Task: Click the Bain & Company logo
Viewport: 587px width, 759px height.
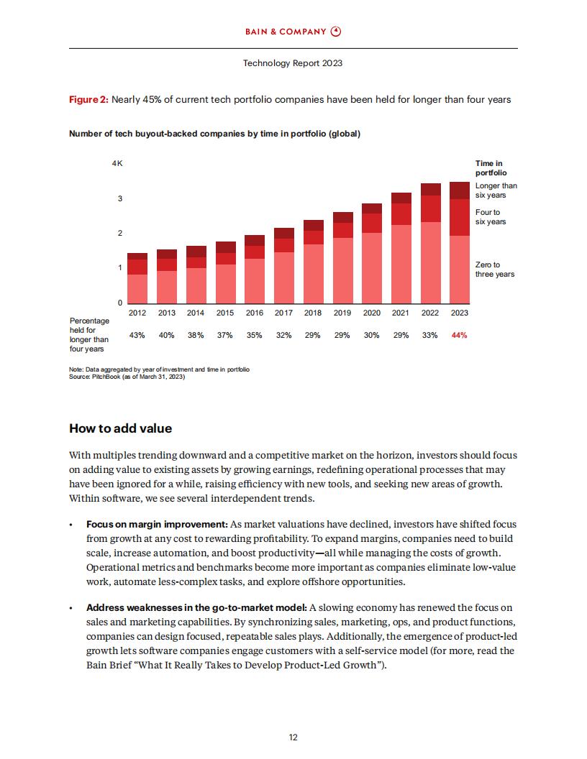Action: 293,32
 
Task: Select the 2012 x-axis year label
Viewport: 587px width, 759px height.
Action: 137,313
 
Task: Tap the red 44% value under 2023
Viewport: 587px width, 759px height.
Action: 459,335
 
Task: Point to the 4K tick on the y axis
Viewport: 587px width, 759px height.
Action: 117,164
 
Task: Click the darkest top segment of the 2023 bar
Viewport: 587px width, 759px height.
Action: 460,190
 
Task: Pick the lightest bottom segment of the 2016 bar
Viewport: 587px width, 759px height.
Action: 255,281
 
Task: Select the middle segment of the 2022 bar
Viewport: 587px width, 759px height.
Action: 431,208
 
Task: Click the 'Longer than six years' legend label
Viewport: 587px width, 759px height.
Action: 496,190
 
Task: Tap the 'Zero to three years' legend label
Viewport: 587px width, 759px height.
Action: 494,270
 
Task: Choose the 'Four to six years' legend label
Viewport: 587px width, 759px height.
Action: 490,217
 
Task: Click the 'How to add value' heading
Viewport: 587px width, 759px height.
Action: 121,428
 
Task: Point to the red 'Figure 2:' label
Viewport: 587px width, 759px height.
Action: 88,100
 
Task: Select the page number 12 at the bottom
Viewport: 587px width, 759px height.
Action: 293,737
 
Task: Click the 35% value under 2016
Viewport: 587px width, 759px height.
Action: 254,335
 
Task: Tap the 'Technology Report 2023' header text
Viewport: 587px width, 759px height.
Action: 293,63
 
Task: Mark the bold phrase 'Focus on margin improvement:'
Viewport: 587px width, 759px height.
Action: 157,524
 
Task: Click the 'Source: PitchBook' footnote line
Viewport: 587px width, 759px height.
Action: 127,377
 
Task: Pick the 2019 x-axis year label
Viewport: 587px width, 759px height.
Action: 342,313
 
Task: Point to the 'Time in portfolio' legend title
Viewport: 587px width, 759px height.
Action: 491,168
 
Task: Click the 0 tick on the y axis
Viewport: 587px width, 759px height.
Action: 120,303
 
